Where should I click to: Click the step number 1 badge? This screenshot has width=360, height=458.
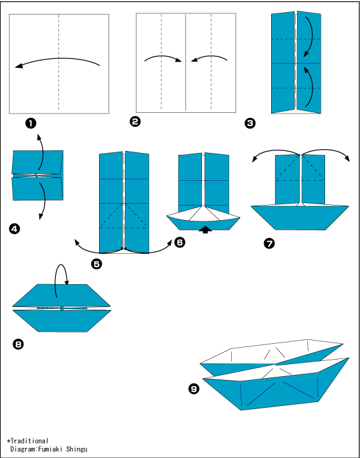pyautogui.click(x=30, y=124)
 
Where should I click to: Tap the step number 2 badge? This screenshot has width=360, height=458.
pyautogui.click(x=135, y=121)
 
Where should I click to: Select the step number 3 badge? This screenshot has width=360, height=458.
pyautogui.click(x=250, y=123)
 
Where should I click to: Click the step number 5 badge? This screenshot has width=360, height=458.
pyautogui.click(x=97, y=264)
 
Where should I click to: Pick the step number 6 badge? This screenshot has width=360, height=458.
pyautogui.click(x=179, y=242)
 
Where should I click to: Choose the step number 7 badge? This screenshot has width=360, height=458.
pyautogui.click(x=269, y=244)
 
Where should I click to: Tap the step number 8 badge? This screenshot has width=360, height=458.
pyautogui.click(x=18, y=344)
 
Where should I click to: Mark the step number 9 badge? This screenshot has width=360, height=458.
pyautogui.click(x=194, y=388)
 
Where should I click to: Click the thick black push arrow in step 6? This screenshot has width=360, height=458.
pyautogui.click(x=205, y=230)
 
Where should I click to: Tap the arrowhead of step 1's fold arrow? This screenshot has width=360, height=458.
pyautogui.click(x=18, y=67)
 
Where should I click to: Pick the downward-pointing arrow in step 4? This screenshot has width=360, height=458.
pyautogui.click(x=43, y=201)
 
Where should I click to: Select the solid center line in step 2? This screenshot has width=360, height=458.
pyautogui.click(x=186, y=62)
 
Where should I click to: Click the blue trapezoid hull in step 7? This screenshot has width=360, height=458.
pyautogui.click(x=300, y=218)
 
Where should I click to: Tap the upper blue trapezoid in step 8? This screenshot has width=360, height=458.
pyautogui.click(x=62, y=295)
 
